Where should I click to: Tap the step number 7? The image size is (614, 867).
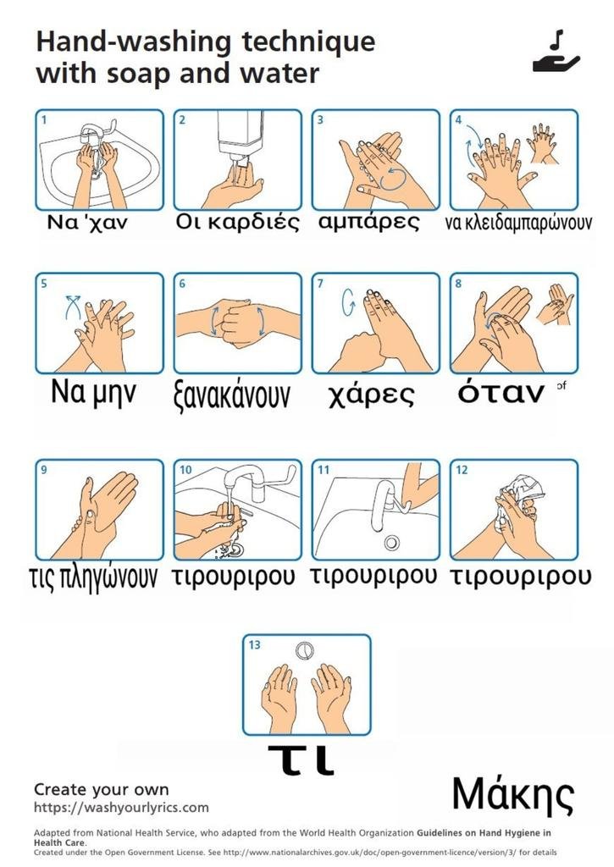[x=320, y=284]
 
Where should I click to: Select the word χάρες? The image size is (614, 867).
[x=371, y=395]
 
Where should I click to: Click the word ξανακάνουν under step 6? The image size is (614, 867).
[x=231, y=395]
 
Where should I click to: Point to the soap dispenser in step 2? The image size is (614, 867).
[x=240, y=136]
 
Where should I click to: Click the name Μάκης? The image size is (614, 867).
[x=512, y=795]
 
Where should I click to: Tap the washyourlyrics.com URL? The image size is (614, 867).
[x=121, y=807]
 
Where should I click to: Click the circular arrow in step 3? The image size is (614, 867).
[x=394, y=179]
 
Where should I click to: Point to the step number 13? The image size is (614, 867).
[x=254, y=644]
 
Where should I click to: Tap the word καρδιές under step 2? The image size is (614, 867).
[x=254, y=222]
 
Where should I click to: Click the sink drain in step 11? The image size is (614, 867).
[x=391, y=543]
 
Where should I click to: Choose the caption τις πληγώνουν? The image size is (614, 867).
[x=93, y=577]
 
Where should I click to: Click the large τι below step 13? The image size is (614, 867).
[x=301, y=759]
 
